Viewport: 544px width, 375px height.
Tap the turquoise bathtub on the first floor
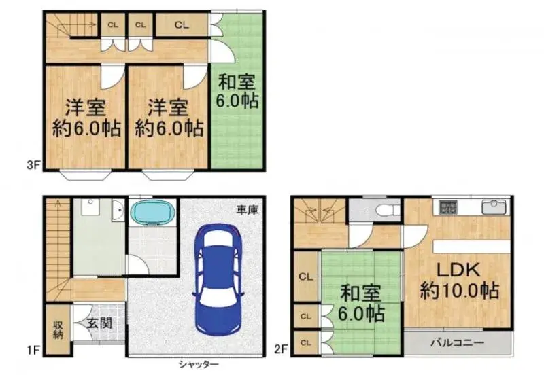pos(152,213)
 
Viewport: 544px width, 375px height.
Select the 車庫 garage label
pos(248,211)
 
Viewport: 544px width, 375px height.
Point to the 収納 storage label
pos(58,330)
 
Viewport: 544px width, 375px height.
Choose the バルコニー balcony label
pos(456,342)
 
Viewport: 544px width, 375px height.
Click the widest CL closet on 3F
pos(180,25)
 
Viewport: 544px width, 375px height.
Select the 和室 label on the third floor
pos(237,83)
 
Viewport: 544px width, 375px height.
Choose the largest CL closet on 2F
pos(305,276)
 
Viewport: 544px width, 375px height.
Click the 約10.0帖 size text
pos(460,291)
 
